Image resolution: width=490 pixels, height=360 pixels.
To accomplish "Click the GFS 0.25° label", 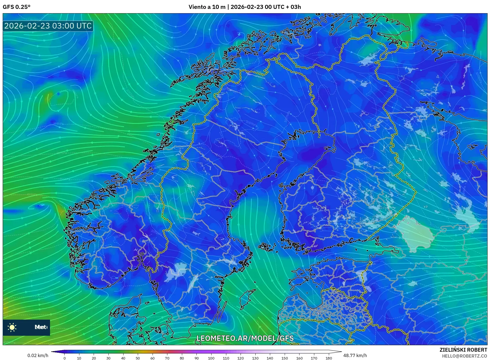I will (16, 7).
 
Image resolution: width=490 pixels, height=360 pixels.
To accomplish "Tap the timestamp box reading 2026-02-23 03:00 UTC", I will (48, 26).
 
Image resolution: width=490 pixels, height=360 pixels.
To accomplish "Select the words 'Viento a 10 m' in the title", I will (207, 7).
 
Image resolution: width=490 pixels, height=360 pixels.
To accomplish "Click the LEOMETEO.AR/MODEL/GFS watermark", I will (245, 338).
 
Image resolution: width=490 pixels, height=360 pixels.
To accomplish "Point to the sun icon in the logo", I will (12, 327).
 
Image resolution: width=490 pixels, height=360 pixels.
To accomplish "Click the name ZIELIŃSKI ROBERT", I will (463, 350).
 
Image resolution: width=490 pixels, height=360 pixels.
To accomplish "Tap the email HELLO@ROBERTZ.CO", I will (464, 356).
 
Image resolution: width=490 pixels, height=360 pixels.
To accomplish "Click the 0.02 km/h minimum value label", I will (38, 355).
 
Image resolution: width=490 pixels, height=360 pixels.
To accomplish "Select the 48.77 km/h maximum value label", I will (355, 355).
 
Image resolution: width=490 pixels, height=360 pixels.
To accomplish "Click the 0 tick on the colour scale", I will (65, 358).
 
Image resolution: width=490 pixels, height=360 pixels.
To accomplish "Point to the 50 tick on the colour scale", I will (138, 358).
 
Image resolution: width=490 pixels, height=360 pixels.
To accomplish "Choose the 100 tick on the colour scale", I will (211, 358).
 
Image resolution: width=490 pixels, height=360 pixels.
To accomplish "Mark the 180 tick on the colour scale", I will (329, 358).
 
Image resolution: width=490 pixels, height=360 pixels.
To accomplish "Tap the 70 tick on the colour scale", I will (167, 358).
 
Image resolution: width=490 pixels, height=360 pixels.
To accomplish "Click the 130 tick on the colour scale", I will (255, 358).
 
